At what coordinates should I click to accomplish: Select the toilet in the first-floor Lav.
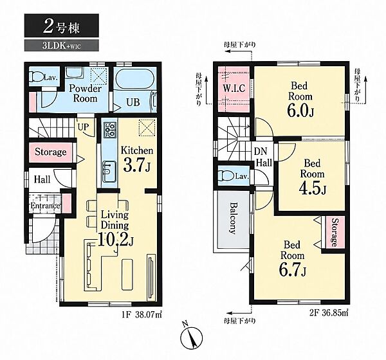click(x=36, y=76)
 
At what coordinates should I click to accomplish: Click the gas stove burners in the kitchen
click(x=110, y=130)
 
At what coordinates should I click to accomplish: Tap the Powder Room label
click(x=85, y=93)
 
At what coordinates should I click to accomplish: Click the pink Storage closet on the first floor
click(x=51, y=152)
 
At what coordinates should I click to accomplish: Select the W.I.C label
click(x=234, y=88)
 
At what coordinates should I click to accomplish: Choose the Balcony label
click(x=233, y=219)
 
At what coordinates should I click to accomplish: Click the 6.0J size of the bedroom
click(x=300, y=111)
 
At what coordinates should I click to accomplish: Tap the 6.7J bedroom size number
click(x=292, y=270)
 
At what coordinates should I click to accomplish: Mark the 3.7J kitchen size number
click(x=136, y=165)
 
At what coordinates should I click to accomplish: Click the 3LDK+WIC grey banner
click(x=62, y=46)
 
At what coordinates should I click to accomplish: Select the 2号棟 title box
click(x=62, y=26)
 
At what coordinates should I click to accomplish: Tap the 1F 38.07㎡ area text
click(x=142, y=314)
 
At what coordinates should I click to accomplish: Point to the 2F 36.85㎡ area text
click(x=328, y=313)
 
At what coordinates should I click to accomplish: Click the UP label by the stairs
click(x=83, y=127)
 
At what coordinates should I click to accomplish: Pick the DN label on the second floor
click(x=261, y=151)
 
